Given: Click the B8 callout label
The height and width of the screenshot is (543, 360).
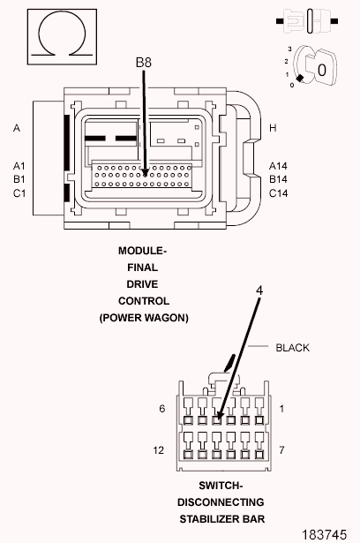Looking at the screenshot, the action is (143, 63).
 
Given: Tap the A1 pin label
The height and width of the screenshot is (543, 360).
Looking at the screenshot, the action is (19, 166).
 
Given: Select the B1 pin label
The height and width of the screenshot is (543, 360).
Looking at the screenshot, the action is (19, 179).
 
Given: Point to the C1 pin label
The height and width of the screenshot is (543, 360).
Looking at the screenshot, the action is (19, 192).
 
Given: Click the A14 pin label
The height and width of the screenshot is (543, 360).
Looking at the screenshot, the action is (278, 166).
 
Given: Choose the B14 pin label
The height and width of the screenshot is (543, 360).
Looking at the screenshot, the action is (278, 179).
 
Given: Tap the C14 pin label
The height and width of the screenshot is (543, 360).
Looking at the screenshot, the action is (278, 192).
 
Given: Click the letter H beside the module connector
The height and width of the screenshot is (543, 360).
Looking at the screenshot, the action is (273, 128).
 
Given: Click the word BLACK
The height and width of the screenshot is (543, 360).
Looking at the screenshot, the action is (293, 348).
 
